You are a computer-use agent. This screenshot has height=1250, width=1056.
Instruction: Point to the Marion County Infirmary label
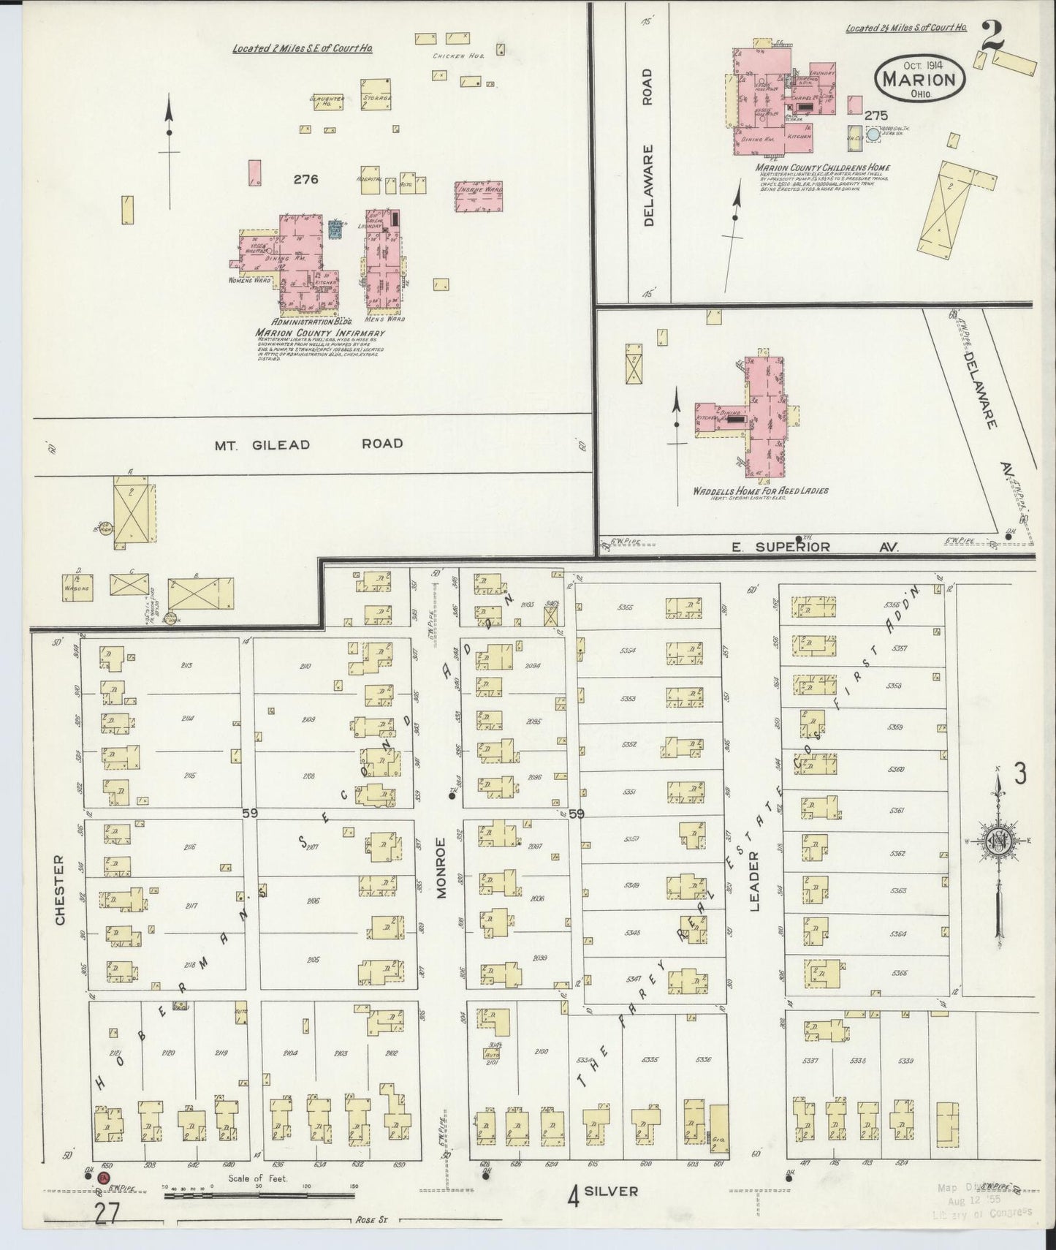(319, 333)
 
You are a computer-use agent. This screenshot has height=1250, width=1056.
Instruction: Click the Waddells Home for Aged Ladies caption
(760, 491)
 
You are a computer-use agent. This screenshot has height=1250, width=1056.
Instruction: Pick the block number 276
(305, 179)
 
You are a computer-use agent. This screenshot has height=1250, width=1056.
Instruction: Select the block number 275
(875, 115)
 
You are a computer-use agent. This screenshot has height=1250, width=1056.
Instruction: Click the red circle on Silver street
(105, 1177)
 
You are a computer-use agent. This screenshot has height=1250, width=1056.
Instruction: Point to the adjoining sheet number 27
(107, 1213)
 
